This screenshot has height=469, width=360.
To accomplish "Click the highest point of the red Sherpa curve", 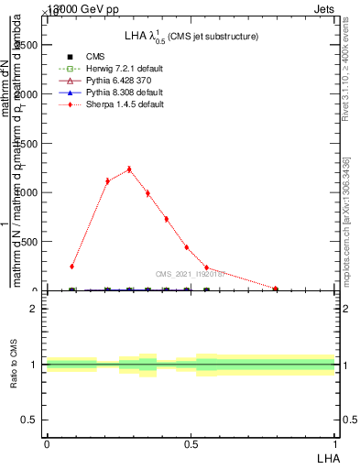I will pyautogui.click(x=129, y=169).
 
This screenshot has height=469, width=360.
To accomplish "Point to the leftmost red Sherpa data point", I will pyautogui.click(x=71, y=267).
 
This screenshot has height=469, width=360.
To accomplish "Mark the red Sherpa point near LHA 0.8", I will pyautogui.click(x=276, y=289).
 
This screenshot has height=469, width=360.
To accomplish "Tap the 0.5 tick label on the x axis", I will pyautogui.click(x=191, y=443).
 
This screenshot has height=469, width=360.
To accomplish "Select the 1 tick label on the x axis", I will pyautogui.click(x=335, y=443).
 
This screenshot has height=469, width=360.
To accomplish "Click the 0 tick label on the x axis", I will pyautogui.click(x=46, y=443).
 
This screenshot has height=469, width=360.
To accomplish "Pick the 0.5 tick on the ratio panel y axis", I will pyautogui.click(x=30, y=420).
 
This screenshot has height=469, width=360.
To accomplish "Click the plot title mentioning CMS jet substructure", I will pyautogui.click(x=191, y=36).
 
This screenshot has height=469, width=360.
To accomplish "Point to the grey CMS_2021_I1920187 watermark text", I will pyautogui.click(x=190, y=274).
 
